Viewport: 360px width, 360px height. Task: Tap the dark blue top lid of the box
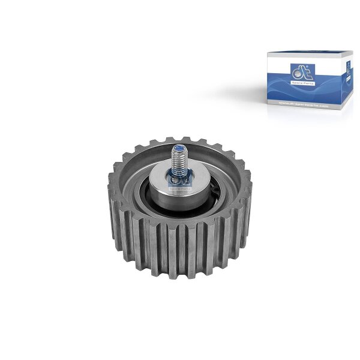[x=309, y=56]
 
